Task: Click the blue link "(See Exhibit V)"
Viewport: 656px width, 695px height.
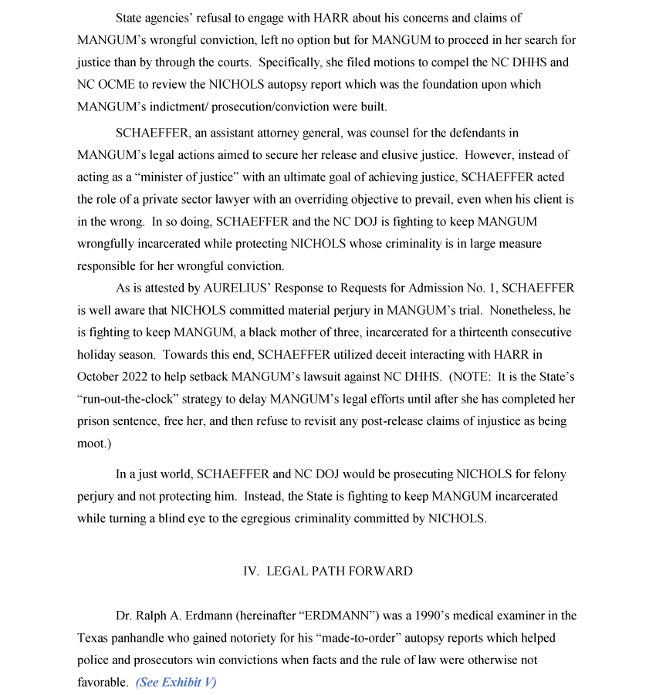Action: pyautogui.click(x=176, y=683)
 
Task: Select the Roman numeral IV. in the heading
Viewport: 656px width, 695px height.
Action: pyautogui.click(x=251, y=572)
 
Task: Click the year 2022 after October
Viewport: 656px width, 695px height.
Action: pyautogui.click(x=137, y=377)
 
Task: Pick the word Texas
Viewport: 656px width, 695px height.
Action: pyautogui.click(x=93, y=639)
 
